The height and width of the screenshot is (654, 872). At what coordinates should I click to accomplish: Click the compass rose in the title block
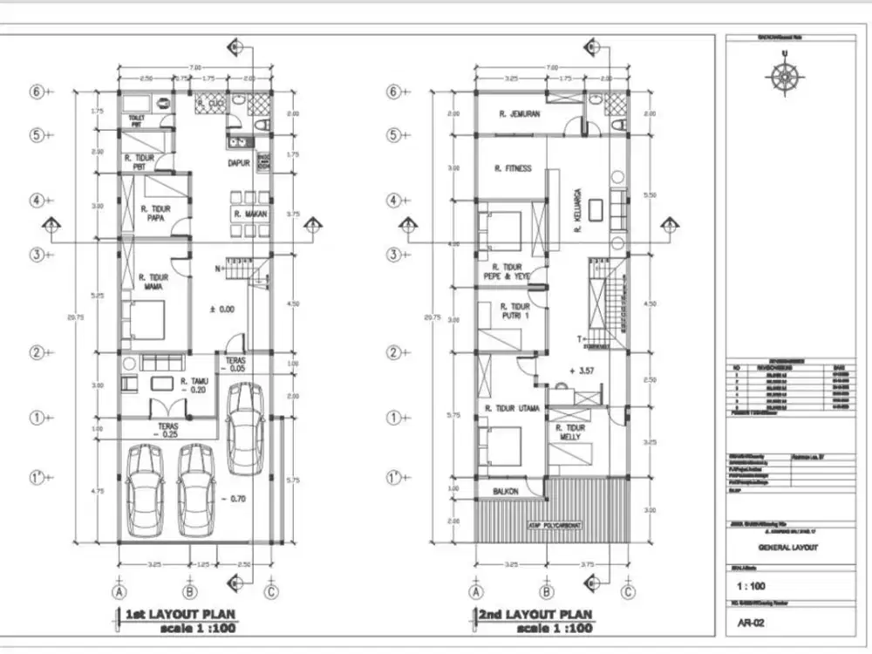[x=785, y=75]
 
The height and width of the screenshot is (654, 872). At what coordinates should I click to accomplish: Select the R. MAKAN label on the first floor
[x=249, y=214]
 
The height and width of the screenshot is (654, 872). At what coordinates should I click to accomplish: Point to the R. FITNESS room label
[x=512, y=169]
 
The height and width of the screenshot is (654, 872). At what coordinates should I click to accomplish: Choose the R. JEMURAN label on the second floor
[x=520, y=113]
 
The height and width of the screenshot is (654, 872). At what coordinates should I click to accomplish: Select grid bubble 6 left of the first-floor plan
[x=37, y=92]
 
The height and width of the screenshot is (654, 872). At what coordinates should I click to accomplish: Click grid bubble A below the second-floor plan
[x=476, y=591]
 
